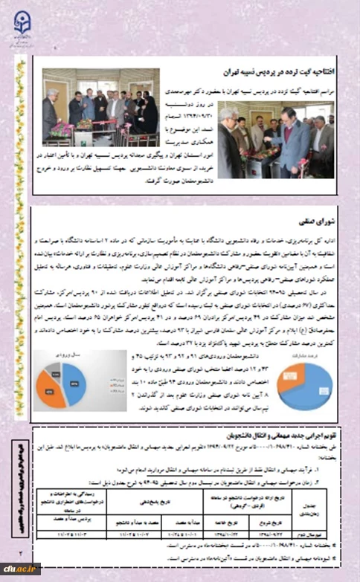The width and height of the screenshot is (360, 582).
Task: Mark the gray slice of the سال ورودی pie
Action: (x=55, y=372)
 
